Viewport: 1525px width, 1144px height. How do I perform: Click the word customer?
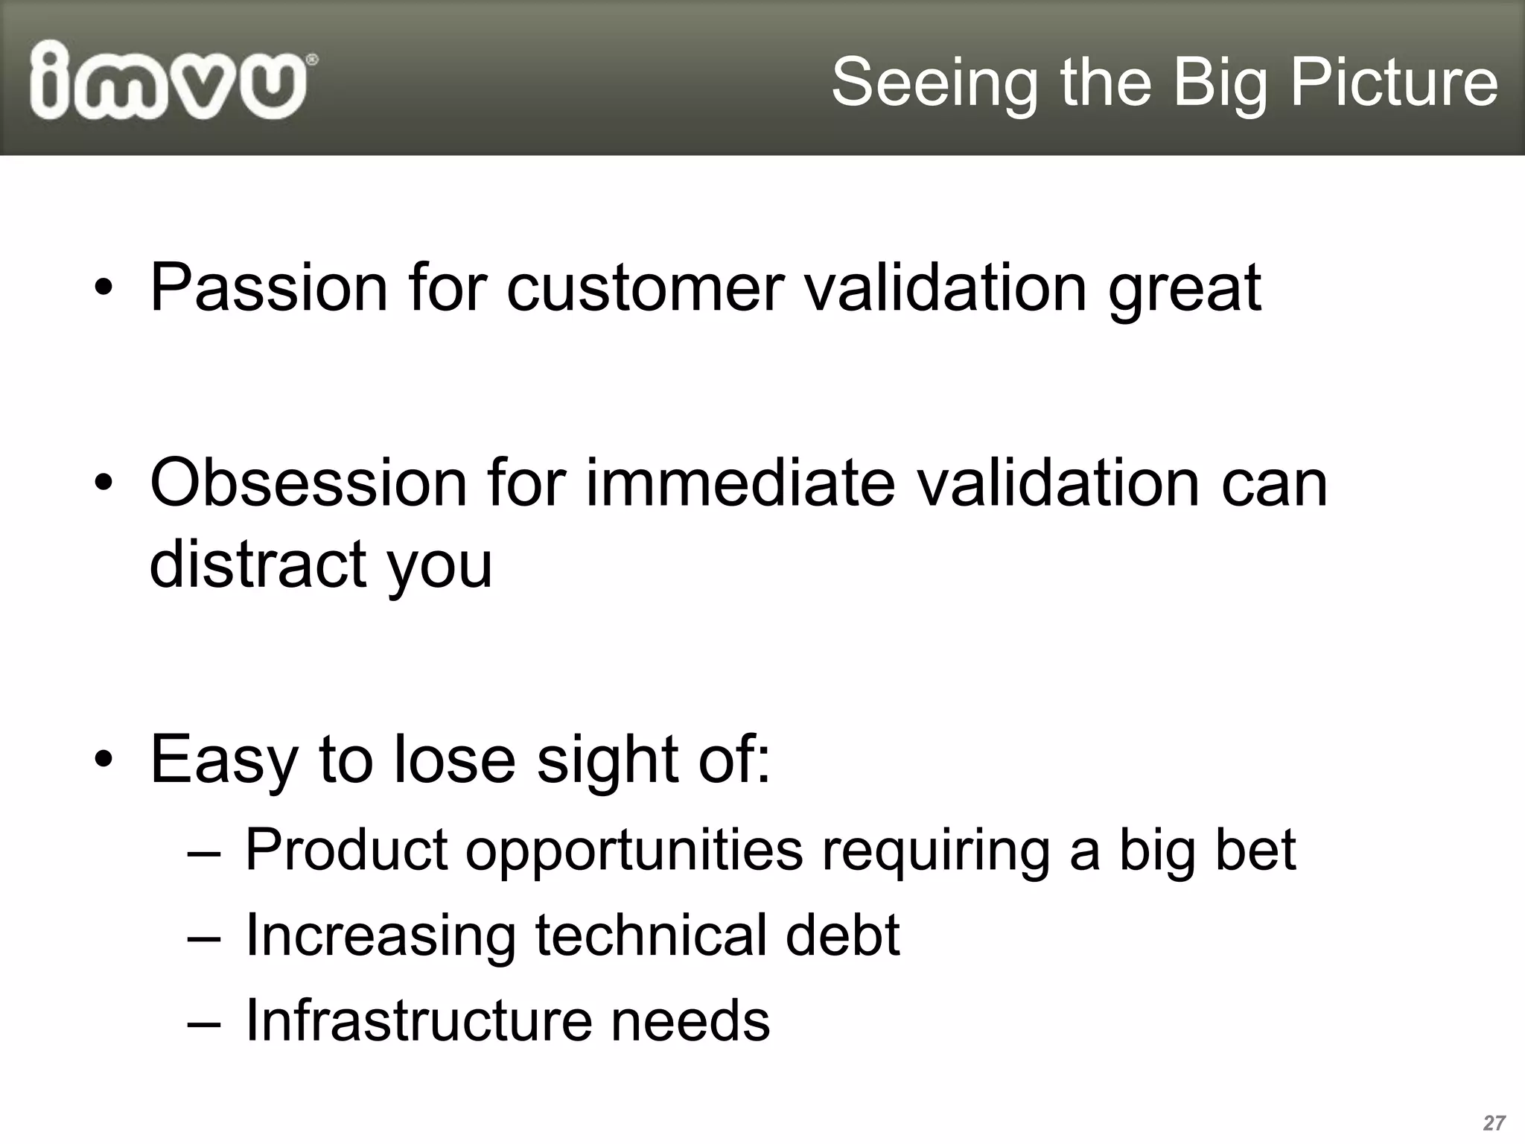(x=646, y=287)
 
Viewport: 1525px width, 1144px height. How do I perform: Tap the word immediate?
(x=740, y=483)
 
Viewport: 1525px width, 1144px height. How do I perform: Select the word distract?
(x=257, y=564)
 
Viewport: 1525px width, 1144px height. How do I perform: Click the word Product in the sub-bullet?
(x=346, y=850)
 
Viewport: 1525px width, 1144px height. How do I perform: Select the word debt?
(x=842, y=935)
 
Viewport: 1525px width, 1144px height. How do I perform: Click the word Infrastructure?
(x=418, y=1020)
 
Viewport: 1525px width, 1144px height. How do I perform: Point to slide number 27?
(x=1494, y=1123)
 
